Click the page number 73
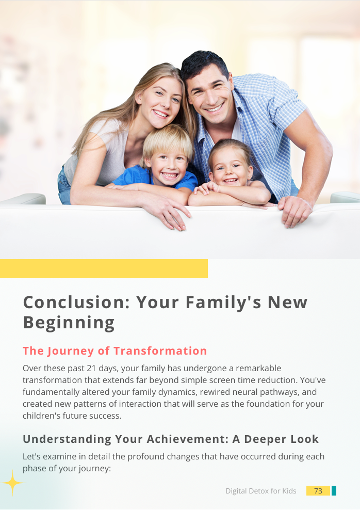[x=318, y=491]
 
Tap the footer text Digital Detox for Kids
[x=260, y=491]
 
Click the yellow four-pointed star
[x=12, y=483]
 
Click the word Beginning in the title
[x=69, y=323]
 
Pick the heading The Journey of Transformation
[x=114, y=351]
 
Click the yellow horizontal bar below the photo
[x=104, y=268]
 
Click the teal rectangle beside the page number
[x=334, y=491]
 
